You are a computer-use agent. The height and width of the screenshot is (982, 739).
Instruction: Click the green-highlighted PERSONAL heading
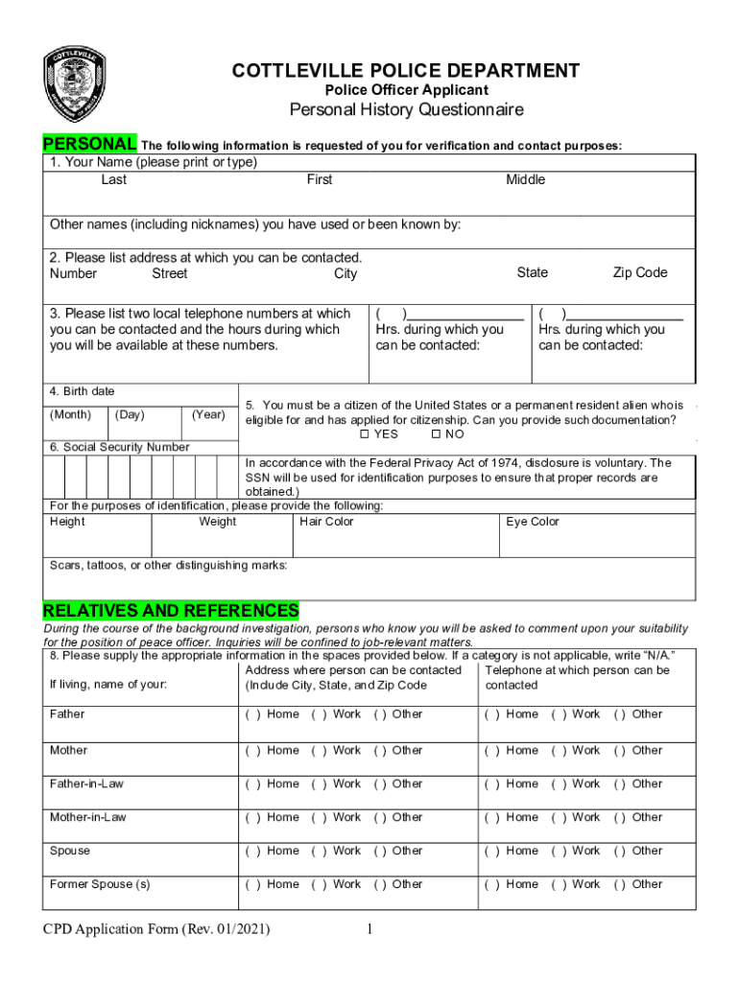click(x=89, y=144)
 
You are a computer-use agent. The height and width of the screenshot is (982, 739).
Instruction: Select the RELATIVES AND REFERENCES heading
click(x=171, y=611)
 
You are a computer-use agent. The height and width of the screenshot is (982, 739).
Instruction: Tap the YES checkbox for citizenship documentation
click(x=365, y=434)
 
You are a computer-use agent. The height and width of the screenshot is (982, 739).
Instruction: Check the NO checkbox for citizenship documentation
click(x=437, y=434)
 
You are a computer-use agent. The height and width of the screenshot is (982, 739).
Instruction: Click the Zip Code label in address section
click(x=639, y=272)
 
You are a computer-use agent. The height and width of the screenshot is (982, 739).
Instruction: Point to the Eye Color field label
click(x=532, y=522)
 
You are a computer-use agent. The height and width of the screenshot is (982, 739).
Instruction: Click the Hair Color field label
click(x=326, y=522)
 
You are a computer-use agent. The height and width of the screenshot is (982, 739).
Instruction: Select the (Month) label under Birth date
click(x=70, y=414)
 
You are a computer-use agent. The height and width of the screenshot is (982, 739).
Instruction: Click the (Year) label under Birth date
click(x=208, y=414)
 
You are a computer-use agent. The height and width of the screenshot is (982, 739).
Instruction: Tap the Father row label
click(x=67, y=713)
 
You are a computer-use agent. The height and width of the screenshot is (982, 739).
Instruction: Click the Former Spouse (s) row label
click(x=100, y=884)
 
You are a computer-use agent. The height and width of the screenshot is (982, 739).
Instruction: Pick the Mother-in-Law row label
click(x=87, y=817)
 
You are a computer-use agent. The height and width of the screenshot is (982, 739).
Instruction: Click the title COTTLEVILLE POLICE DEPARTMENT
click(x=405, y=70)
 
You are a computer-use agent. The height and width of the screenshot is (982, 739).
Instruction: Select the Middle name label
click(x=525, y=179)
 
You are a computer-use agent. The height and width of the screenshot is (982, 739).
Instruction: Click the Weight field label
click(x=217, y=522)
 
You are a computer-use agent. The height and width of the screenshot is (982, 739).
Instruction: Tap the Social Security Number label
click(x=120, y=447)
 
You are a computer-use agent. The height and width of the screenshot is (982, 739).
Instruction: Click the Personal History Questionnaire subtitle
click(x=407, y=109)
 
